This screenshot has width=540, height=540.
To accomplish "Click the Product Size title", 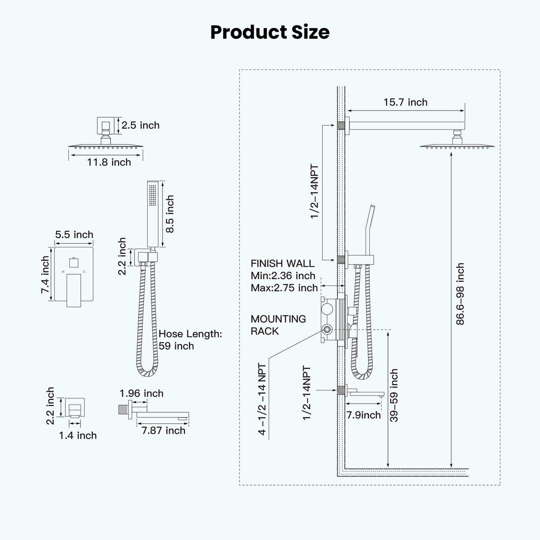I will (x=270, y=32).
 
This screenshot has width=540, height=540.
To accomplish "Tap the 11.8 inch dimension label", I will (x=109, y=162).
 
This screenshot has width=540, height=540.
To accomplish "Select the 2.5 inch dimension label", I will (x=140, y=125).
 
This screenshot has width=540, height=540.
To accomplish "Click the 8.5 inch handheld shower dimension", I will (x=170, y=214).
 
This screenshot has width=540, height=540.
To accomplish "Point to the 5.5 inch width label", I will (x=74, y=235).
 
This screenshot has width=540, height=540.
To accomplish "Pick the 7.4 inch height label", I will (x=45, y=274).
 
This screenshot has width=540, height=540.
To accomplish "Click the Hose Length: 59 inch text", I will (x=190, y=340).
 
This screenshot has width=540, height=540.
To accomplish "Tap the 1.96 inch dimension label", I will (x=141, y=394).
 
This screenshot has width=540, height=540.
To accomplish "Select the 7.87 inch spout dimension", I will (x=163, y=431).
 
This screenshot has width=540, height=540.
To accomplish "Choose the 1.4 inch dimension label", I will (x=78, y=435).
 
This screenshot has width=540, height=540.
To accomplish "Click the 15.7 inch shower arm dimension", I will (x=405, y=102).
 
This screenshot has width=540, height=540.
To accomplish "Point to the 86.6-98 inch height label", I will (x=460, y=294).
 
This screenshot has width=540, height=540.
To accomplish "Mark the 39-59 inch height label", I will (x=394, y=395).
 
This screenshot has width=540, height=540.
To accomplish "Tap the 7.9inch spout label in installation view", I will (x=363, y=415).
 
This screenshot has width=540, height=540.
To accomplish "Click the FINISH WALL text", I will (x=283, y=263).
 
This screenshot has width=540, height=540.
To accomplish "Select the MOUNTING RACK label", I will (x=278, y=325).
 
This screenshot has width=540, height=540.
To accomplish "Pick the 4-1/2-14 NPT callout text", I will (x=262, y=399).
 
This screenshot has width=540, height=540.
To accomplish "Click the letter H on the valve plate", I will (x=63, y=272).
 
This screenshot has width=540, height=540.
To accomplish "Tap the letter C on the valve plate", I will (x=84, y=272).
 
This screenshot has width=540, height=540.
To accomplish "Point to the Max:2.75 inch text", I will (x=284, y=288).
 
